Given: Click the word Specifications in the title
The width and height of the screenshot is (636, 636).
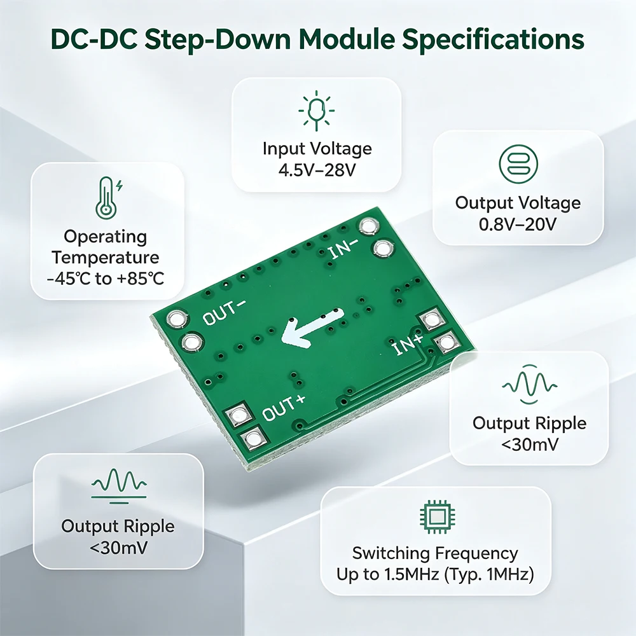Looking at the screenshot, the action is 493,39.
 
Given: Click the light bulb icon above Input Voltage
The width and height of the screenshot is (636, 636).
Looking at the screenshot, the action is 316,110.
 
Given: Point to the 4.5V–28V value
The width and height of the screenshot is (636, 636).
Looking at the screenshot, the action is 317,170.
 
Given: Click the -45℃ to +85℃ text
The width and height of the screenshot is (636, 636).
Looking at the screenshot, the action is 106,279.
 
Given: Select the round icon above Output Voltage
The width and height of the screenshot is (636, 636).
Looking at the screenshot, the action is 518,164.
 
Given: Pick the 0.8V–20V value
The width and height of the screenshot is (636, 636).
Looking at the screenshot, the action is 518,225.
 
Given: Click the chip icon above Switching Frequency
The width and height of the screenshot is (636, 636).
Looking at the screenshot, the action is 437,516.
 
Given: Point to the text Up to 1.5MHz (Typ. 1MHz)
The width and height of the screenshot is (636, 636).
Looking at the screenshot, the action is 435,574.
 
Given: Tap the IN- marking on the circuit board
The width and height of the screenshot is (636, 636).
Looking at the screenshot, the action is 343,248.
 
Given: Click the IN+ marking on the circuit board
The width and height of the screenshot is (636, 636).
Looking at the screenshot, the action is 408,345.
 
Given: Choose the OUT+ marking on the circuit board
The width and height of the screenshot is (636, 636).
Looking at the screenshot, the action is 284,408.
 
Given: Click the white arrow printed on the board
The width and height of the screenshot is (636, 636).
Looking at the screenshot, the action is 313,328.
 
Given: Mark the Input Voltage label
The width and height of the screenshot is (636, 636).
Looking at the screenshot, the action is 317,149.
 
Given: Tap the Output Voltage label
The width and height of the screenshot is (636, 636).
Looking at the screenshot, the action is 518,203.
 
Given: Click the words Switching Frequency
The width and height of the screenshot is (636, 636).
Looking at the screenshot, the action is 435,553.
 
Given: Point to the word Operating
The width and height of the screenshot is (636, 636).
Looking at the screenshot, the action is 106,237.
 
